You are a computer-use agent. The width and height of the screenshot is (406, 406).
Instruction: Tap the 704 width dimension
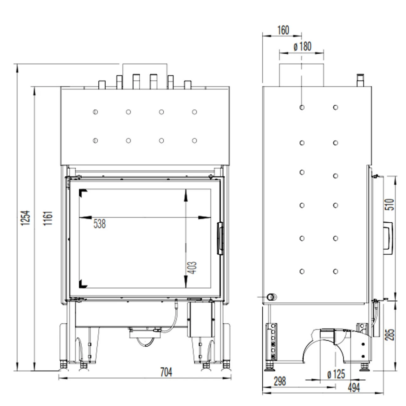click(166, 372)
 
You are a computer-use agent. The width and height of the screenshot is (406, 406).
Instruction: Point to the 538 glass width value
click(99, 224)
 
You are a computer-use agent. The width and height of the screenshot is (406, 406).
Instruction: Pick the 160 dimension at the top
click(283, 30)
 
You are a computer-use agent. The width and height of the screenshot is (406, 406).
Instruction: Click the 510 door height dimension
click(390, 204)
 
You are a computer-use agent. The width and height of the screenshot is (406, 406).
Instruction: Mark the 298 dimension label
click(280, 381)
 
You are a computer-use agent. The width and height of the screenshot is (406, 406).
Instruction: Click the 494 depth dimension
click(354, 387)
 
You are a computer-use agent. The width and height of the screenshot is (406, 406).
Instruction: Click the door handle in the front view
click(220, 238)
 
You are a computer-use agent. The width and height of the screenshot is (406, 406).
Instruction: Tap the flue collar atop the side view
click(301, 75)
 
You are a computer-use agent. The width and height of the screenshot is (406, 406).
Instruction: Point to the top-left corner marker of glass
click(83, 193)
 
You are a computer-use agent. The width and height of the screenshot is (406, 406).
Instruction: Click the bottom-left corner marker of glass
click(83, 284)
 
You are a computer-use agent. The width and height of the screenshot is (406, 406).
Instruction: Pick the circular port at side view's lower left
click(272, 297)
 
